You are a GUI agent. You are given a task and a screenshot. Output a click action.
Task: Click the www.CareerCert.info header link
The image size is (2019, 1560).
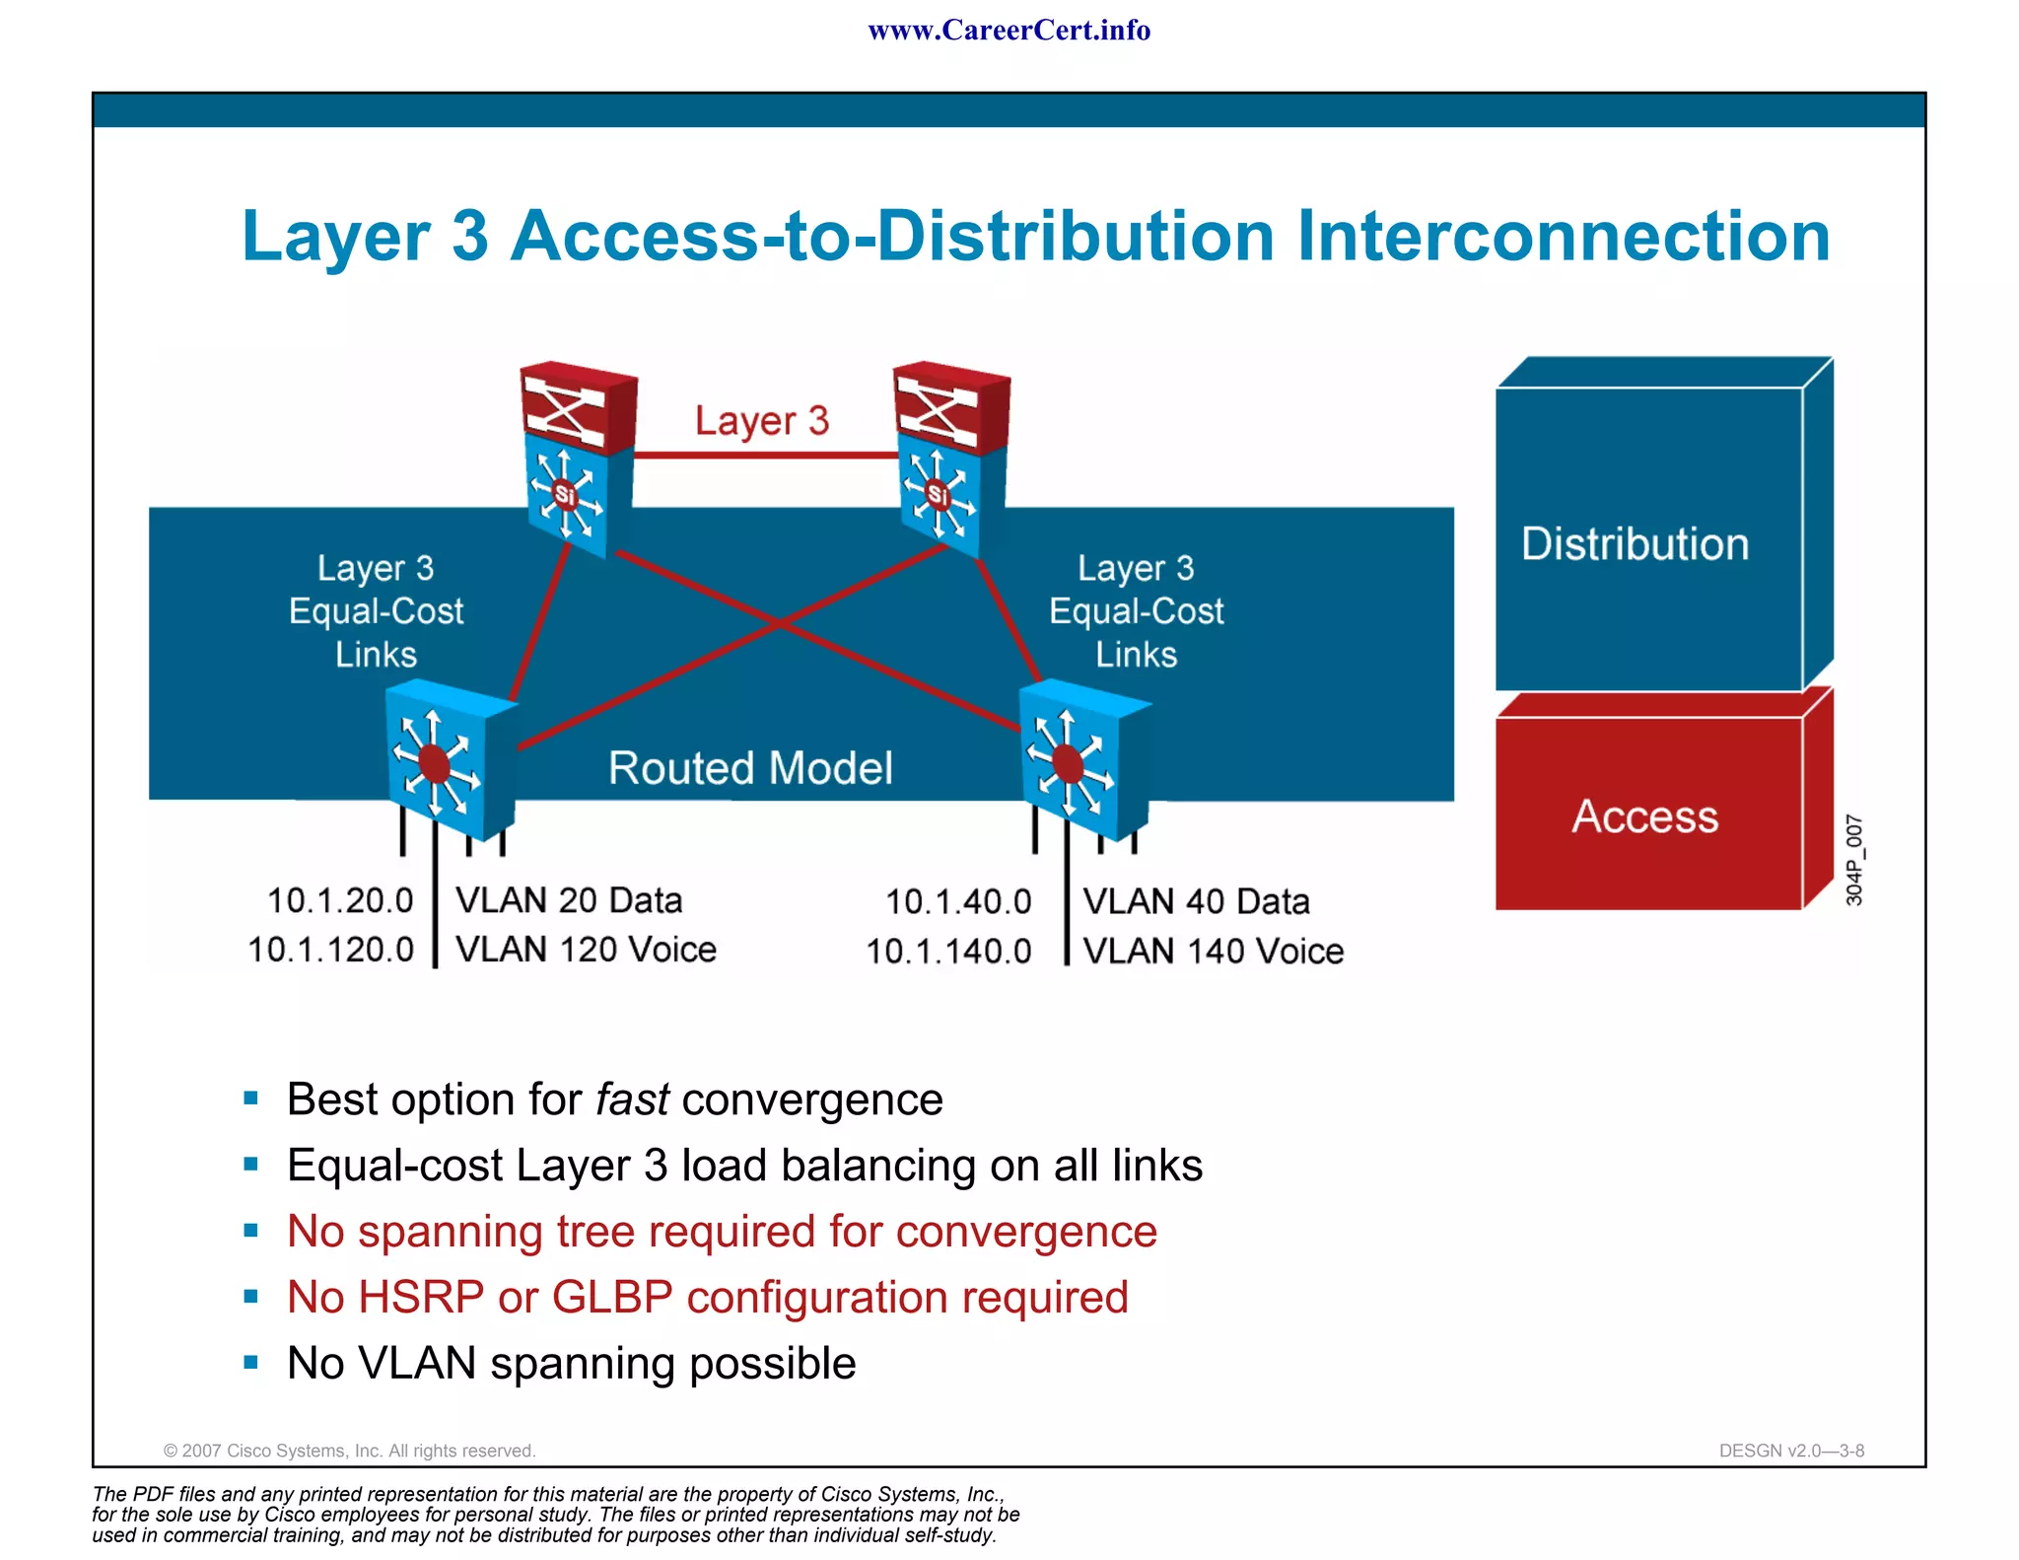[x=1009, y=31]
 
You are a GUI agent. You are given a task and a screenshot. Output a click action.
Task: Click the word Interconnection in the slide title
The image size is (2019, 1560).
[x=1564, y=237]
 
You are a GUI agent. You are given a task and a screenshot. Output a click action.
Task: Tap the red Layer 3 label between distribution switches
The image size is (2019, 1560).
[x=761, y=421]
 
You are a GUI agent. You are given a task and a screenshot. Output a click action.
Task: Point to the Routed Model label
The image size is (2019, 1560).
[x=750, y=768]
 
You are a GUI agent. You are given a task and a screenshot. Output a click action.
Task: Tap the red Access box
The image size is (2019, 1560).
[x=1646, y=815]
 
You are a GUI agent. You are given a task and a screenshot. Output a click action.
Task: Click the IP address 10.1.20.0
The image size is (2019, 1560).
[x=340, y=900]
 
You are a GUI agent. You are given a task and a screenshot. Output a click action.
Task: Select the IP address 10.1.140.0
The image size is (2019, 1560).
[x=948, y=952]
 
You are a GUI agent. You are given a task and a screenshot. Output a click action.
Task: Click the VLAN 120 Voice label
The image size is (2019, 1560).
[x=586, y=950]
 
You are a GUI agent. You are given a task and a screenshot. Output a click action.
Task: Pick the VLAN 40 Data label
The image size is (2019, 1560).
[x=1196, y=901]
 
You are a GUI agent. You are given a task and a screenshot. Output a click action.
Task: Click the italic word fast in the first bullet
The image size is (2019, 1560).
[x=632, y=1099]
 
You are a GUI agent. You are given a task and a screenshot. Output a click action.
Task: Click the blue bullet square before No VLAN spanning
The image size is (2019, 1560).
[x=250, y=1363]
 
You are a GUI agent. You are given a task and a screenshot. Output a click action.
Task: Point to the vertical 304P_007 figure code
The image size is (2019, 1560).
[x=1853, y=860]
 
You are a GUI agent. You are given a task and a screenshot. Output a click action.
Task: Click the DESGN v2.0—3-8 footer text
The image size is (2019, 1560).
[x=1790, y=1451]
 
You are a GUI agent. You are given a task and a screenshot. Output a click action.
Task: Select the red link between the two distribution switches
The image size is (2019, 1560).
[x=764, y=456]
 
